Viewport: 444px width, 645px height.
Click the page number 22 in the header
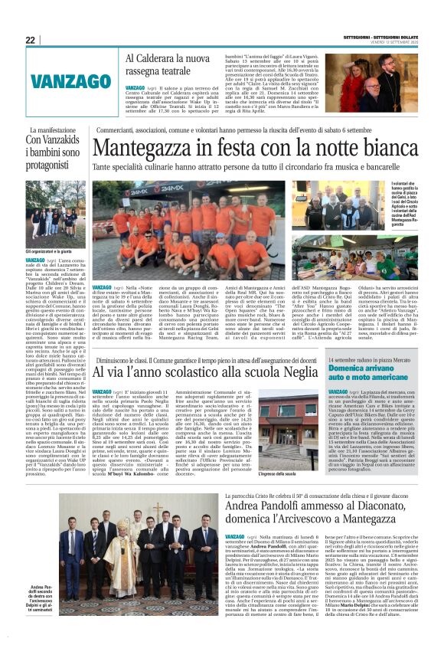(30, 40)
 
